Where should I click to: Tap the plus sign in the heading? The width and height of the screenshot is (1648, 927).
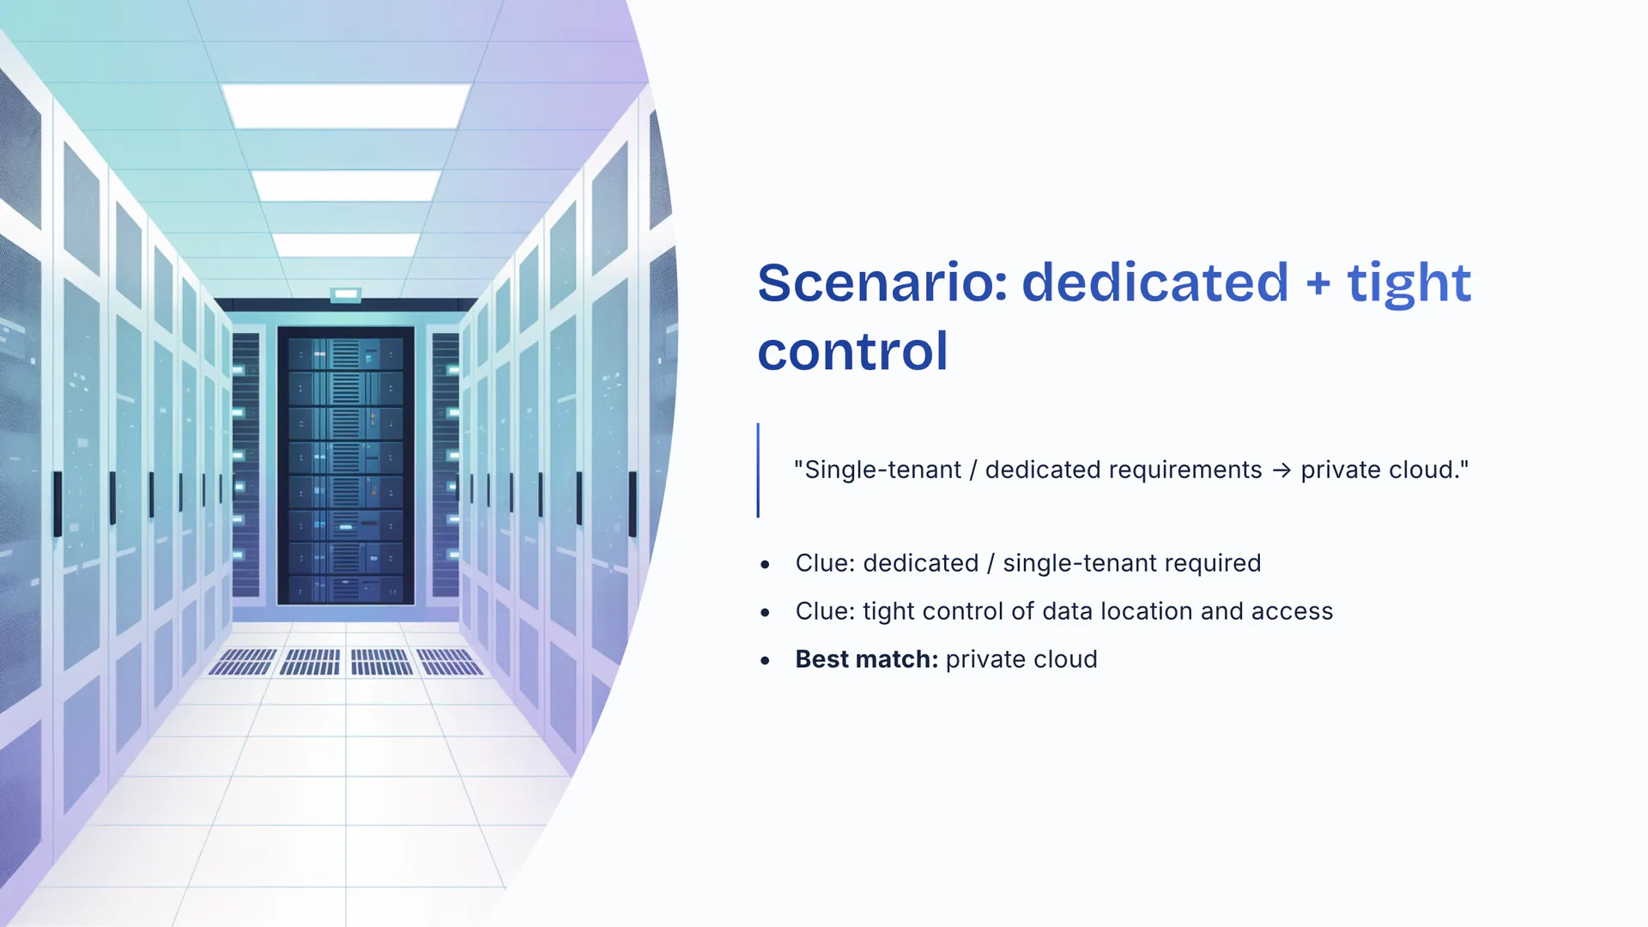click(1318, 284)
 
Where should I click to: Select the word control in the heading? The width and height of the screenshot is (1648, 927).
click(852, 351)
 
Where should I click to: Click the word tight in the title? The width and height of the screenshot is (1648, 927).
click(1409, 285)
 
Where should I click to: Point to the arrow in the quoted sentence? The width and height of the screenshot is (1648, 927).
click(1281, 471)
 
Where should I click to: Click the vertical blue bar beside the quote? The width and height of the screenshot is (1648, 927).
click(758, 470)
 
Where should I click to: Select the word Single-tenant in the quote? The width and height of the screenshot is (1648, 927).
click(883, 470)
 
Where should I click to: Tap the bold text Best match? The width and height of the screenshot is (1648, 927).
click(867, 659)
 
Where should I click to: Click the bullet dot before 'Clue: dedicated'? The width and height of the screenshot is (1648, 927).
click(765, 564)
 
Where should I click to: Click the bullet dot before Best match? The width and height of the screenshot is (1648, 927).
click(765, 660)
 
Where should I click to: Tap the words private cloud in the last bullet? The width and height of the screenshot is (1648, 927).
click(1021, 659)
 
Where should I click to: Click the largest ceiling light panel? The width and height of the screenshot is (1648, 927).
click(347, 106)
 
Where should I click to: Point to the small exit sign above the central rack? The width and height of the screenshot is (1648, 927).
click(346, 294)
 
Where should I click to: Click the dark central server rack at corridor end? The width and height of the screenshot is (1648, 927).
click(346, 465)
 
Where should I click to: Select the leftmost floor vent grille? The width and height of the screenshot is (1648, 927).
click(242, 662)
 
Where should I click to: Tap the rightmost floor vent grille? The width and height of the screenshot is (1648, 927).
click(451, 662)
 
